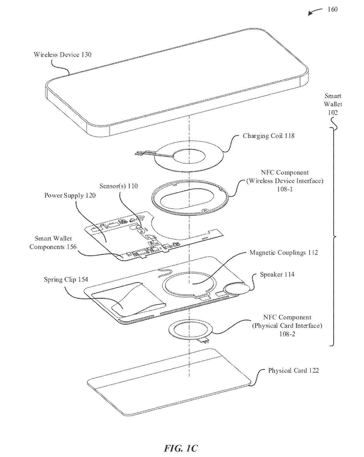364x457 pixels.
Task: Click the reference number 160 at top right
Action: (x=332, y=9)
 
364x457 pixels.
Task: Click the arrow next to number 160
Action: (x=315, y=12)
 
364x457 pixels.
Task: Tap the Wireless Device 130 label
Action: (x=62, y=55)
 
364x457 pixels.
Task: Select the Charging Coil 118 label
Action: (x=268, y=136)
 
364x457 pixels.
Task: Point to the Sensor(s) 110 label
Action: (x=119, y=186)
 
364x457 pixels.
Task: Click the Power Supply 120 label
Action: (x=70, y=195)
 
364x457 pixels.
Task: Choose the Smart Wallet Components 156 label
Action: (x=53, y=243)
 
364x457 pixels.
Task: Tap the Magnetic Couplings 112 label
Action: (x=284, y=253)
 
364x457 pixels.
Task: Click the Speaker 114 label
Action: (x=277, y=274)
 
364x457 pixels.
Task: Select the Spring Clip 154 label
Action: (x=66, y=279)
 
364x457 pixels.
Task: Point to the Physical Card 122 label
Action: (x=293, y=370)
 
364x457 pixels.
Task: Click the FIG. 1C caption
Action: (x=181, y=448)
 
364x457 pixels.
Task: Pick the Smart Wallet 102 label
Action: (x=333, y=104)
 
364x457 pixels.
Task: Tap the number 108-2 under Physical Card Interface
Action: (x=287, y=334)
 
